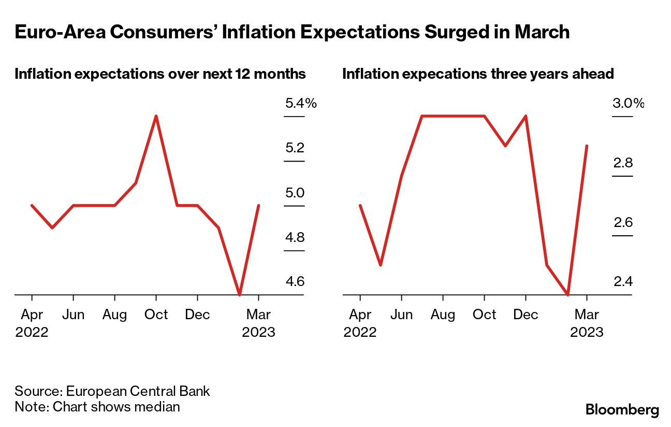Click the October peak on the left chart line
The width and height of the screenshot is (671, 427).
[x=156, y=116]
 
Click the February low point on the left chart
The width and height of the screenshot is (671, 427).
[x=239, y=294]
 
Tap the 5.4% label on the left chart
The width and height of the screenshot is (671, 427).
[x=300, y=103]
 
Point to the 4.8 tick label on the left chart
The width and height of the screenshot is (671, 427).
[x=295, y=238]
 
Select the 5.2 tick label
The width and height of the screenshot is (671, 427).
[x=295, y=148]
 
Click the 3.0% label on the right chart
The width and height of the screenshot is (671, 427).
[x=628, y=103]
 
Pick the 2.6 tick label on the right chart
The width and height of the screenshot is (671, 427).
[x=623, y=222]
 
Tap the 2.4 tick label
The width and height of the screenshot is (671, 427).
[x=623, y=282]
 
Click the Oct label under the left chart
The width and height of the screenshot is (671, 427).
[x=156, y=315]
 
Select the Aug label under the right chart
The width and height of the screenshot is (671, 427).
[x=443, y=315]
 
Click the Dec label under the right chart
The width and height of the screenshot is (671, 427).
[x=526, y=315]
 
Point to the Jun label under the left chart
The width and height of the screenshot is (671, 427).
[x=73, y=315]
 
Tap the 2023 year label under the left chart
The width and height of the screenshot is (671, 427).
[x=258, y=332]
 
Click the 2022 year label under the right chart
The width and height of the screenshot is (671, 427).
[x=360, y=332]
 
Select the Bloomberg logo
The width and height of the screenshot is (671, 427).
[x=622, y=409]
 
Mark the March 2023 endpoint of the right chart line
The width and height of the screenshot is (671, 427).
[x=587, y=146]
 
